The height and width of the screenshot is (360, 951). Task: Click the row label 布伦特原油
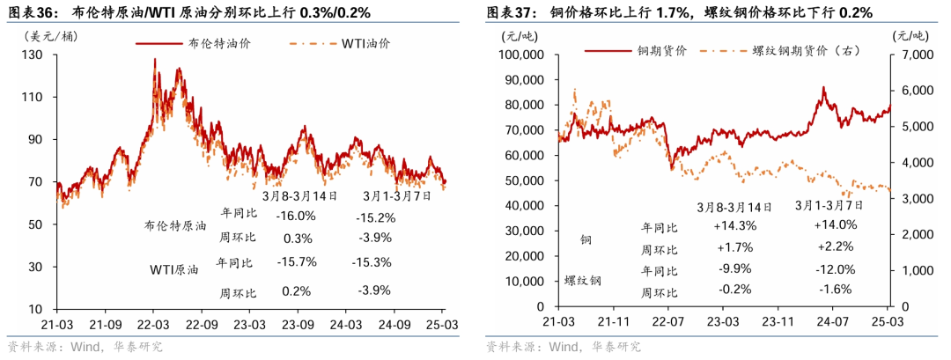tap(175, 225)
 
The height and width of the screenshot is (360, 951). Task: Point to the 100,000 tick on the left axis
tap(522, 55)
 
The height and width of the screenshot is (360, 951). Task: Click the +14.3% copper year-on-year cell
tap(734, 224)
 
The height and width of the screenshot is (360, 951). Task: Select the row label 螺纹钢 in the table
tap(583, 281)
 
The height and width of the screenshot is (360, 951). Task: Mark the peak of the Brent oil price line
tap(155, 59)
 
